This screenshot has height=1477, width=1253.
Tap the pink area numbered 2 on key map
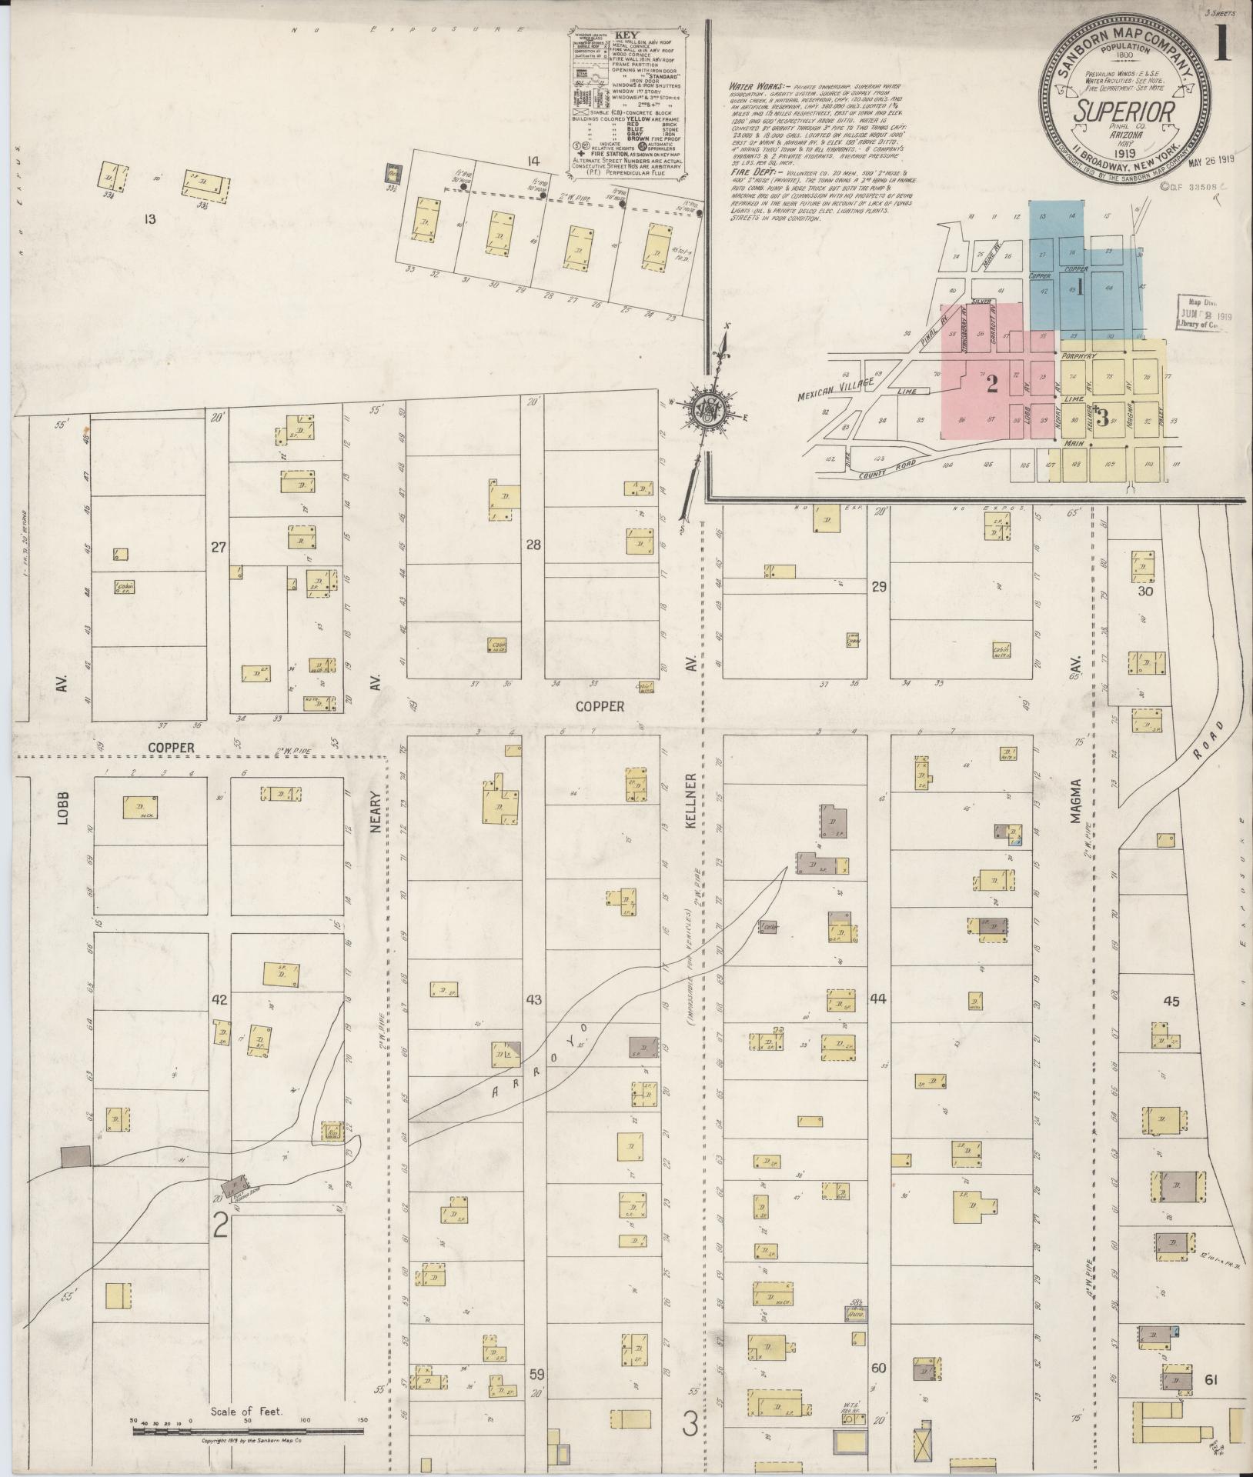pyautogui.click(x=992, y=382)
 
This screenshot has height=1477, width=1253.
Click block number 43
pyautogui.click(x=533, y=1000)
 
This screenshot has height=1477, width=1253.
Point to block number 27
pyautogui.click(x=219, y=548)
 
